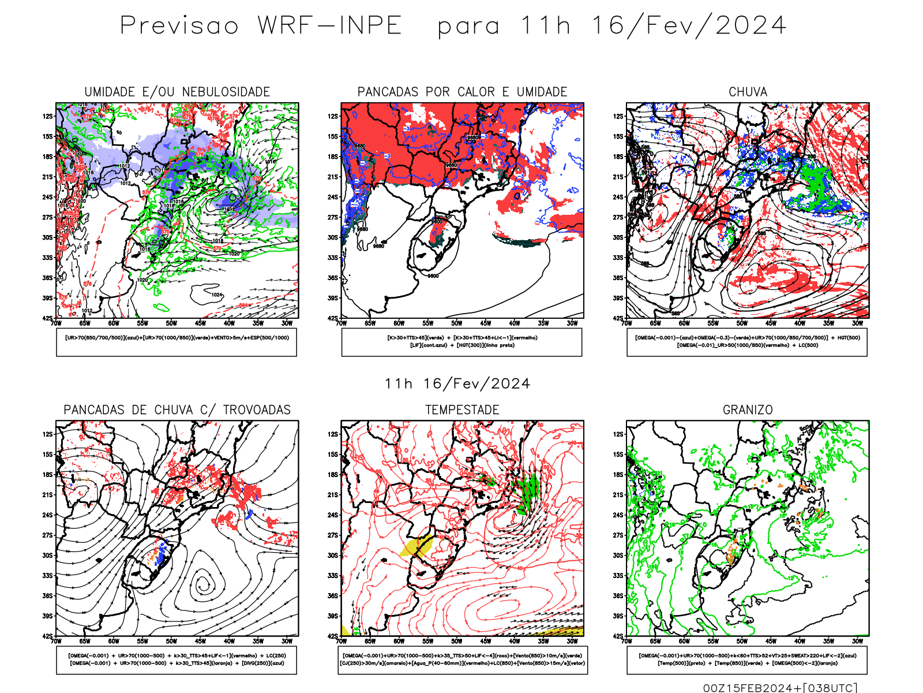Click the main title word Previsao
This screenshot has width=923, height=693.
[179, 26]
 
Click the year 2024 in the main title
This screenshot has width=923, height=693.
[751, 26]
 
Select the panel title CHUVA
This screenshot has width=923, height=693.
[748, 92]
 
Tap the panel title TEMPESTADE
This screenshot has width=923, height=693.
[462, 410]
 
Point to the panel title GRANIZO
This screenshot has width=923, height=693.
[748, 410]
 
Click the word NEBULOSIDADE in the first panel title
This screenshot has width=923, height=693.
[226, 92]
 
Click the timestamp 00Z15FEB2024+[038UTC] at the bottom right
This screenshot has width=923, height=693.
[780, 688]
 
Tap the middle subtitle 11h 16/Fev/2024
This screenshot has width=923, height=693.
[457, 384]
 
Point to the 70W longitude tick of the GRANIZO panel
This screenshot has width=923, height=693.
[627, 641]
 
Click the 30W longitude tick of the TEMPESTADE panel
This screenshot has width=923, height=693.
[572, 641]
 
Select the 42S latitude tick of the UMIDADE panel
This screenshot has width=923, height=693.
[47, 318]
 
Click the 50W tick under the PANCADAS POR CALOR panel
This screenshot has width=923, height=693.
[457, 323]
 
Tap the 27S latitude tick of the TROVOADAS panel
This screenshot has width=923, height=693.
[47, 535]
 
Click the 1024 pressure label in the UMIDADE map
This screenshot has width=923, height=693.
[216, 295]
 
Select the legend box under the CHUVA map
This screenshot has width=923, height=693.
[747, 342]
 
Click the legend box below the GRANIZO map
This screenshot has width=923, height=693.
[747, 660]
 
